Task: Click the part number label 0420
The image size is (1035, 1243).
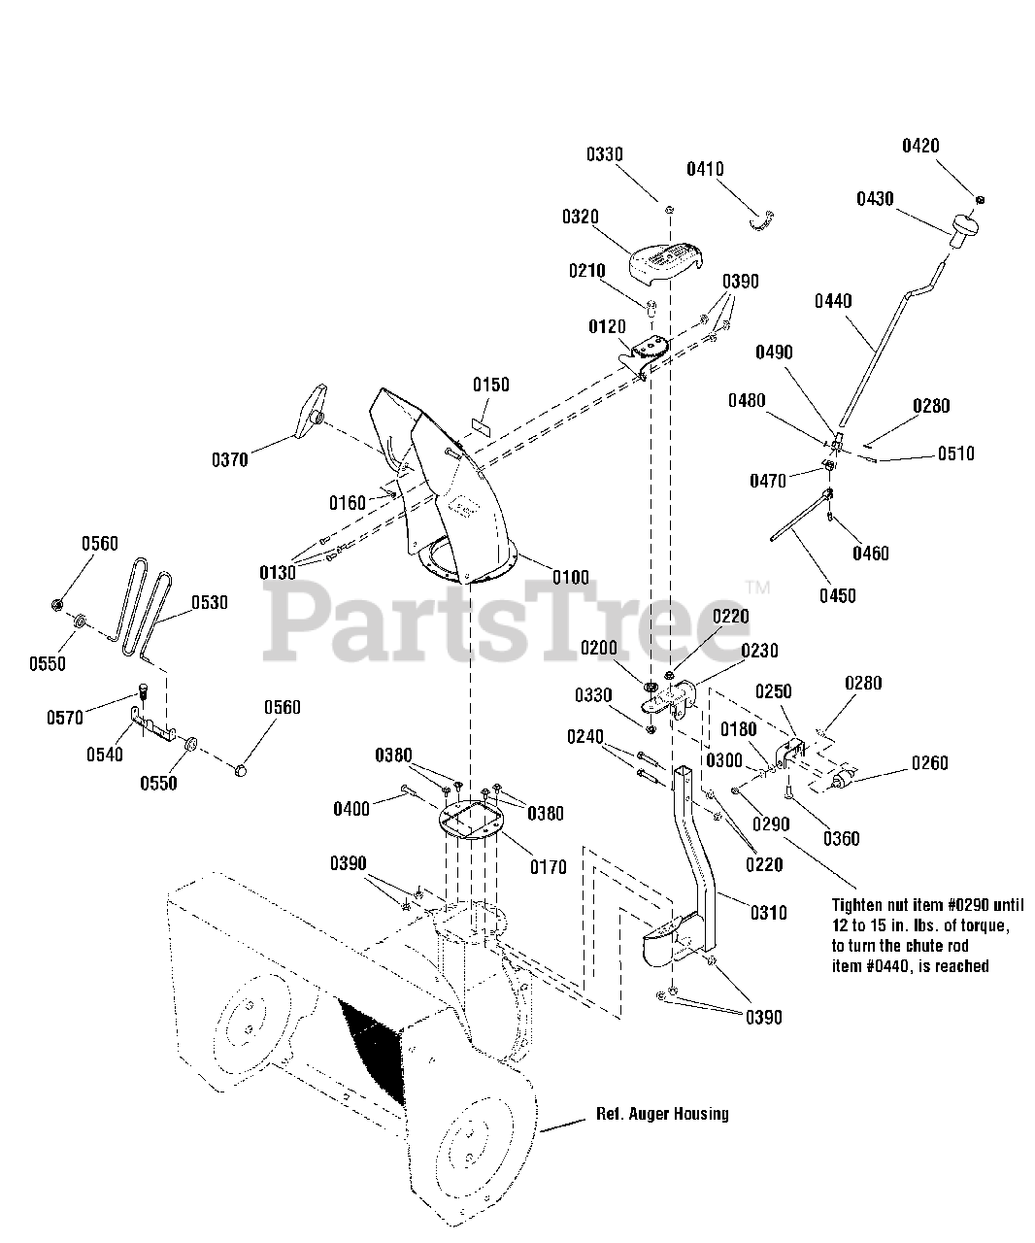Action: tap(920, 147)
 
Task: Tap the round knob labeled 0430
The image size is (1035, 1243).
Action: tap(963, 229)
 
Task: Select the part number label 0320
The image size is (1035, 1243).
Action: tap(580, 217)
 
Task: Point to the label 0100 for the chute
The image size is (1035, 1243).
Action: tap(571, 578)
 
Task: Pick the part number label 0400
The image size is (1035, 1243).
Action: tap(351, 808)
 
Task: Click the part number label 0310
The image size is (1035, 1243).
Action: tap(768, 913)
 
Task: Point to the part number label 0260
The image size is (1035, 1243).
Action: tap(930, 762)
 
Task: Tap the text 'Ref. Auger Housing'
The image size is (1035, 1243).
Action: tap(662, 1114)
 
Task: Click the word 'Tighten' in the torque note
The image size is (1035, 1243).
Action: tap(860, 900)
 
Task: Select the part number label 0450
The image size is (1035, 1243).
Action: tap(837, 595)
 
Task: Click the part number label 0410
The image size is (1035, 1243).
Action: tap(705, 169)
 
